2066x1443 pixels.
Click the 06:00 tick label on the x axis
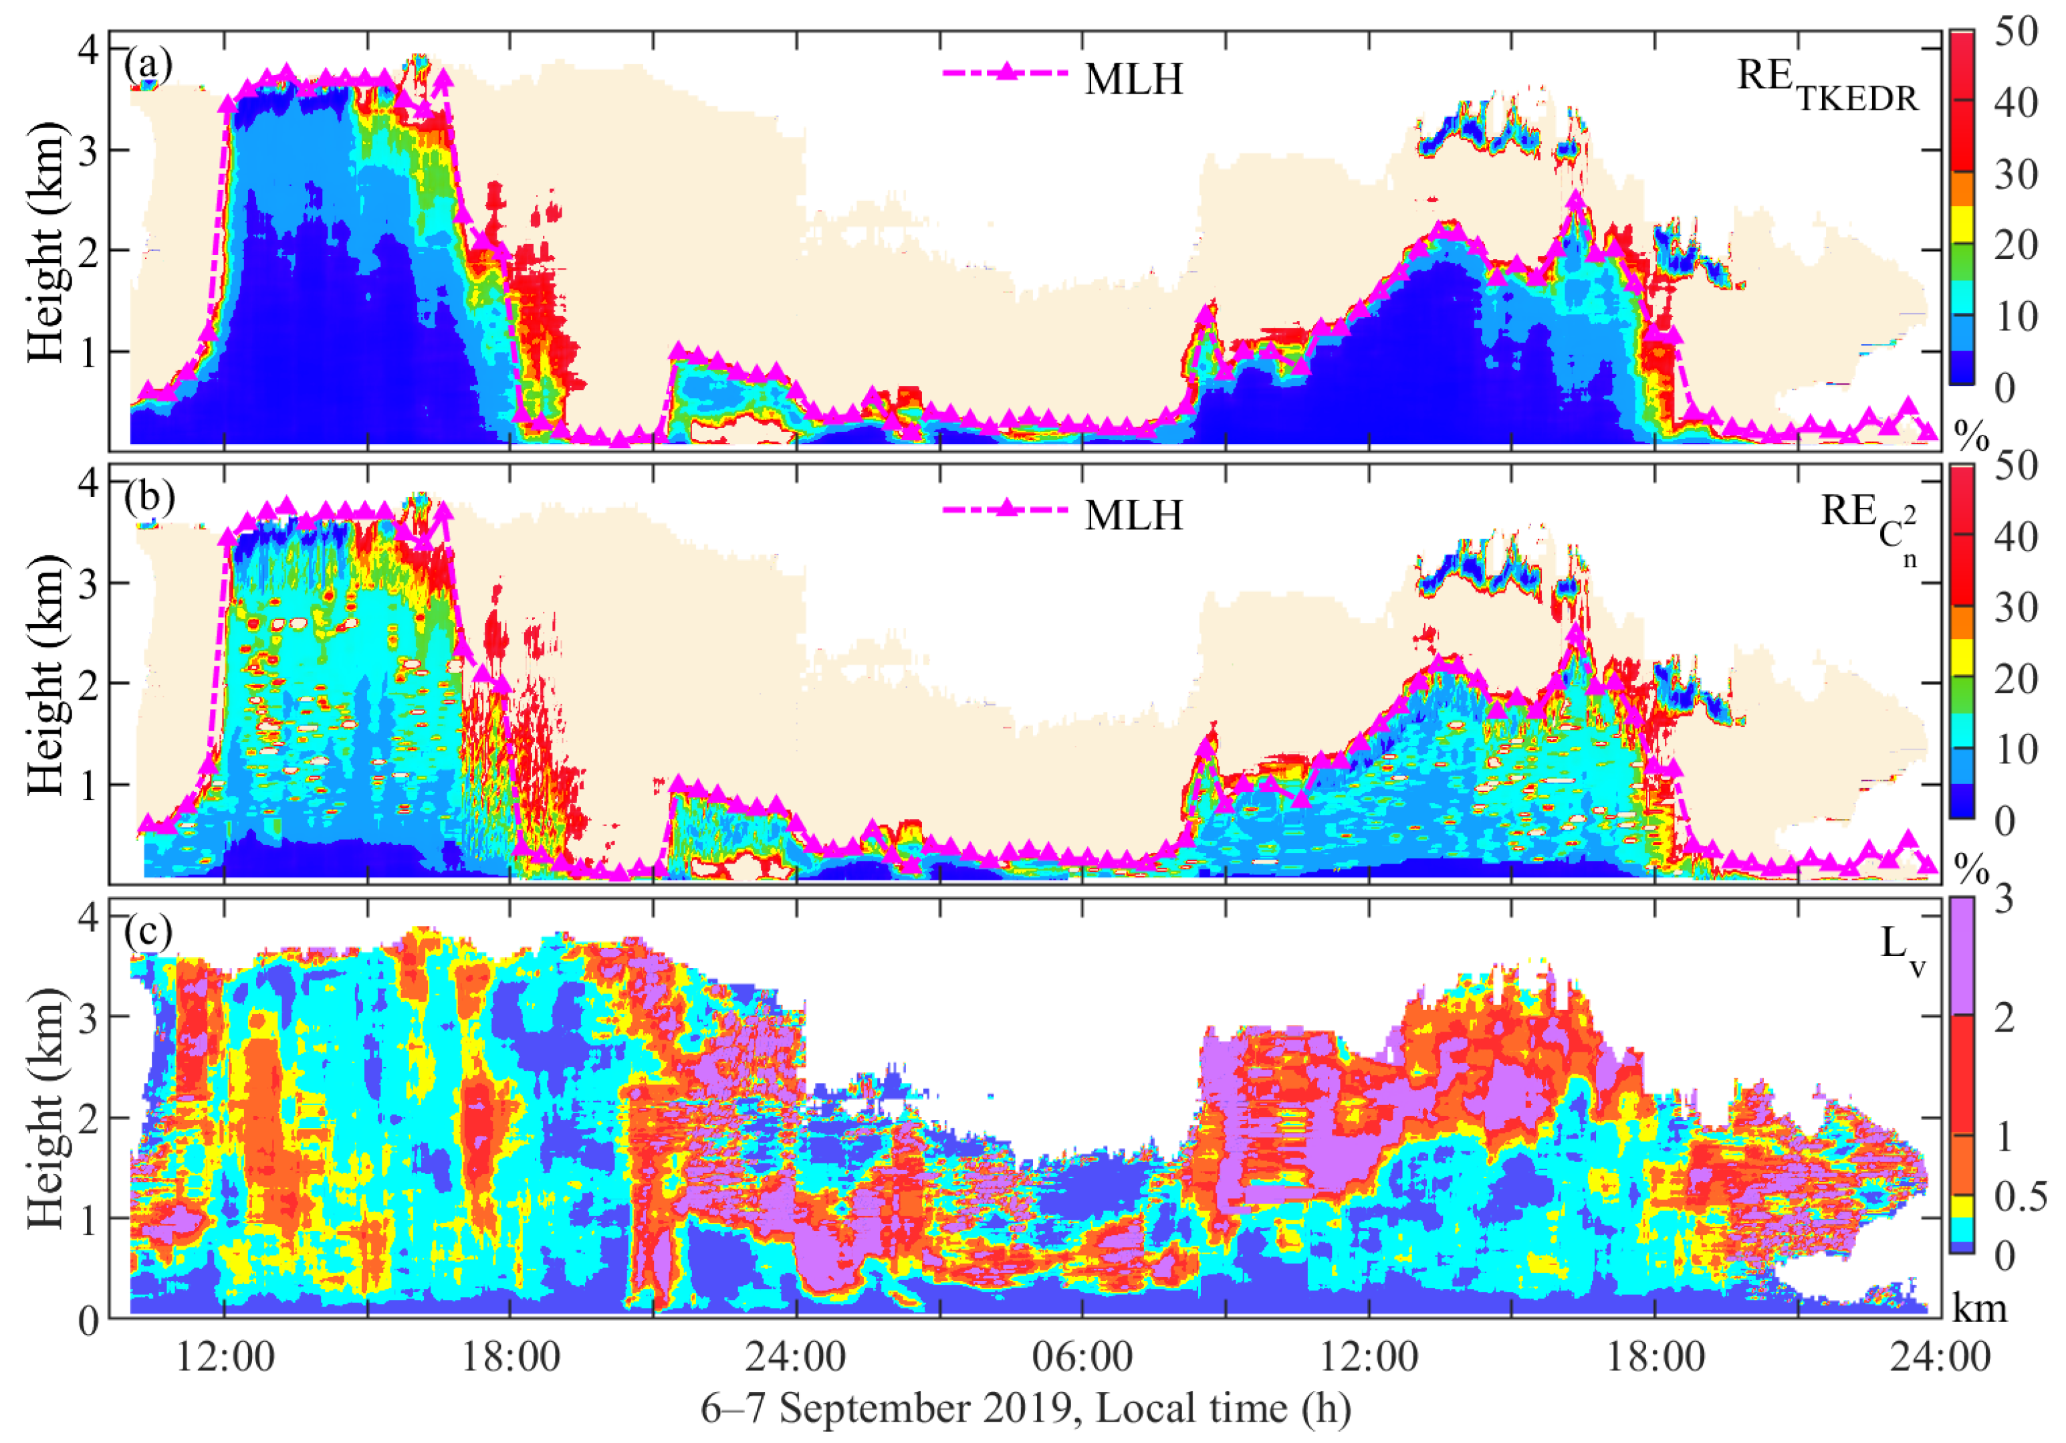[x=1082, y=1357]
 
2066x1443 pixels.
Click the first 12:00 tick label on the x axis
[x=224, y=1357]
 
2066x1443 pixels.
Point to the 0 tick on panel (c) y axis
[x=88, y=1321]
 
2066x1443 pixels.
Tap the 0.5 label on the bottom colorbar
[x=2019, y=1196]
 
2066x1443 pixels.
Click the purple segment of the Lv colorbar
[x=1962, y=954]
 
